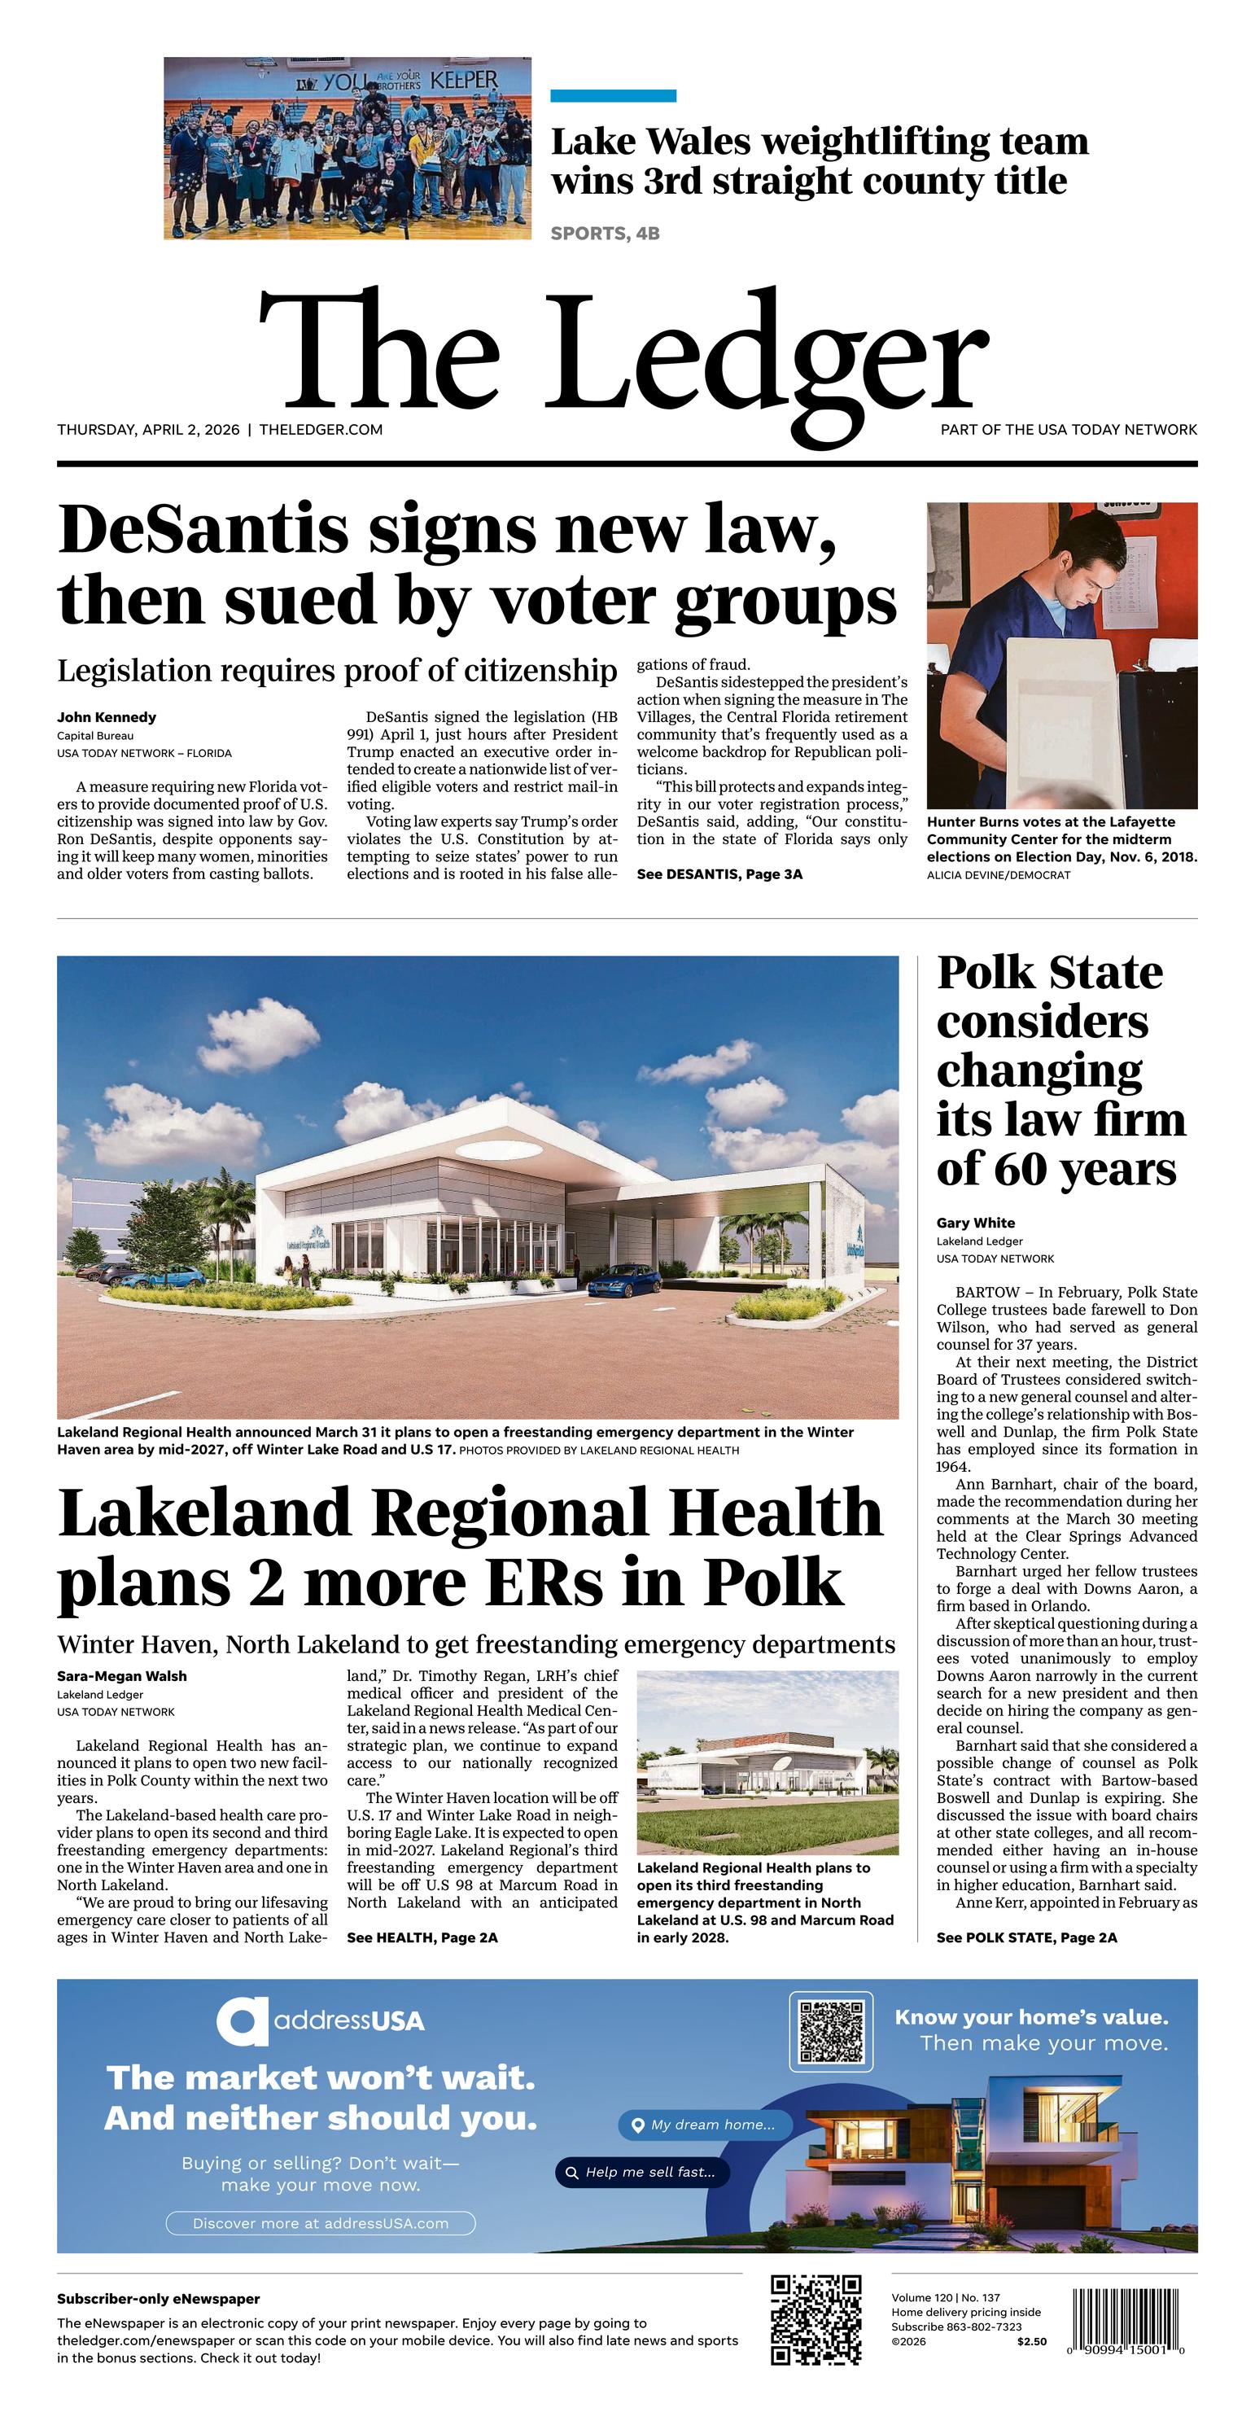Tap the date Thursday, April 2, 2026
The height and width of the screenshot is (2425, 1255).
(148, 430)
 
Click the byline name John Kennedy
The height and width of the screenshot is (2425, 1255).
(107, 717)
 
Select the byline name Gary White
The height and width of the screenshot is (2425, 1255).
(975, 1223)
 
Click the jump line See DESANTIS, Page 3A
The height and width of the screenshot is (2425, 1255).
(719, 874)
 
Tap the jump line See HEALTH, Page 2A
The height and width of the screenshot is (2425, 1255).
(422, 1937)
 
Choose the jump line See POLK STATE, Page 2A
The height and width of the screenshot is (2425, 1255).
(1026, 1937)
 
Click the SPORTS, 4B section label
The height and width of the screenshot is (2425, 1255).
(605, 234)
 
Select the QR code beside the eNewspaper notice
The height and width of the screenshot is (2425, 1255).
(816, 2319)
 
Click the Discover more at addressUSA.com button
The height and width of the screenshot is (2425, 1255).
(320, 2224)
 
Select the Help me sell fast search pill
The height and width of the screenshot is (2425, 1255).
(642, 2172)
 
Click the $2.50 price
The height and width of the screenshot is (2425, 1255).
(1031, 2341)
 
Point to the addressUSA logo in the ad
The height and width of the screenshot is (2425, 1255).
(320, 2021)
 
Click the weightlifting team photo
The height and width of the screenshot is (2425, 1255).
(348, 148)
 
